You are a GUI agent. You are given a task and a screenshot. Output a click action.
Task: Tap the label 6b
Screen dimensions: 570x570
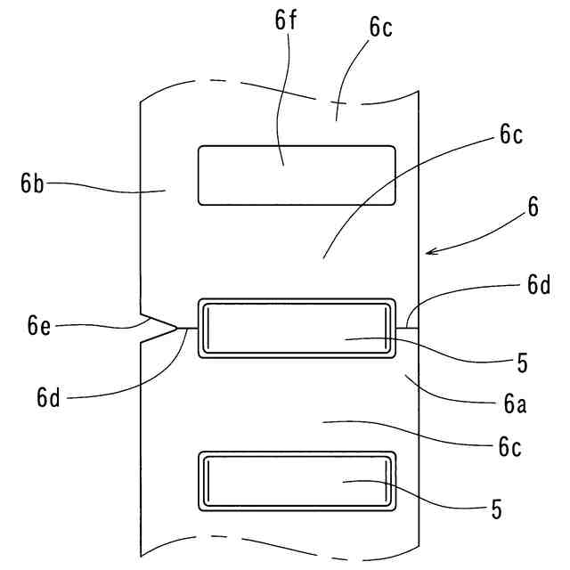pyautogui.click(x=33, y=184)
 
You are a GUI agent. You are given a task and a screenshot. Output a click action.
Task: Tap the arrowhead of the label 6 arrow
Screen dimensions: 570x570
pyautogui.click(x=428, y=253)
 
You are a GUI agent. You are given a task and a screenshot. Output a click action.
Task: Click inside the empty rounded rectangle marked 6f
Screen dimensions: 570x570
pyautogui.click(x=297, y=175)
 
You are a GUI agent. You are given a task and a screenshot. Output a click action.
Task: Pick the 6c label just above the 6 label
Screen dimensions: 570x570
pyautogui.click(x=511, y=136)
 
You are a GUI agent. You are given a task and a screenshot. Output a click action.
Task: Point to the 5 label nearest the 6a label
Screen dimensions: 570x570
pyautogui.click(x=522, y=363)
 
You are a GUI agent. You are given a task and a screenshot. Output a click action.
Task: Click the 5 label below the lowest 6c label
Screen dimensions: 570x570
pyautogui.click(x=496, y=510)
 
